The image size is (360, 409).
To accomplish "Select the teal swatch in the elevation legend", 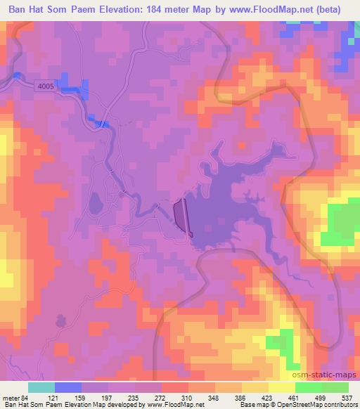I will click(x=41, y=388).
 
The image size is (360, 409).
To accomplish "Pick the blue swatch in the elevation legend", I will click(x=68, y=388).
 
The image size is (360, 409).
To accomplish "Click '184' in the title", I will click(x=162, y=8).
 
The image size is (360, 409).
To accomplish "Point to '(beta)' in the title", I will click(x=337, y=8).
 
